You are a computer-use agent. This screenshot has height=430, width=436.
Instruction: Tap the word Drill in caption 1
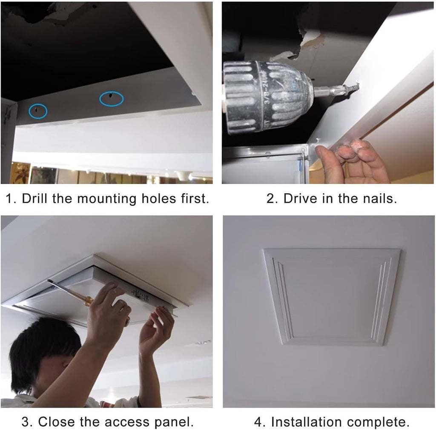pos(34,198)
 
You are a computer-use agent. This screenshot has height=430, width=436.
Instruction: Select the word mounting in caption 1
pos(106,199)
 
